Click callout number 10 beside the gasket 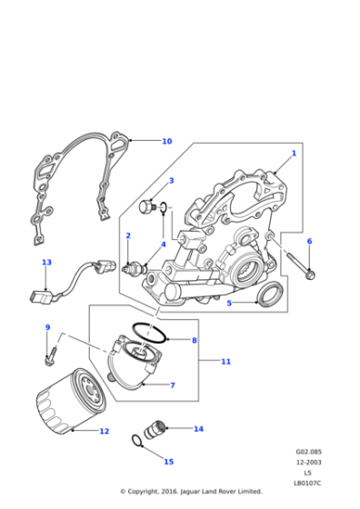166,142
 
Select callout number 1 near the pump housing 294,154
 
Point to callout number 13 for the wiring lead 46,263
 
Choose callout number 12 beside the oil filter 105,431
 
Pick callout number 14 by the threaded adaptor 198,428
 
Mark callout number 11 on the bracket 226,361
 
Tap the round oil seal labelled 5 268,295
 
